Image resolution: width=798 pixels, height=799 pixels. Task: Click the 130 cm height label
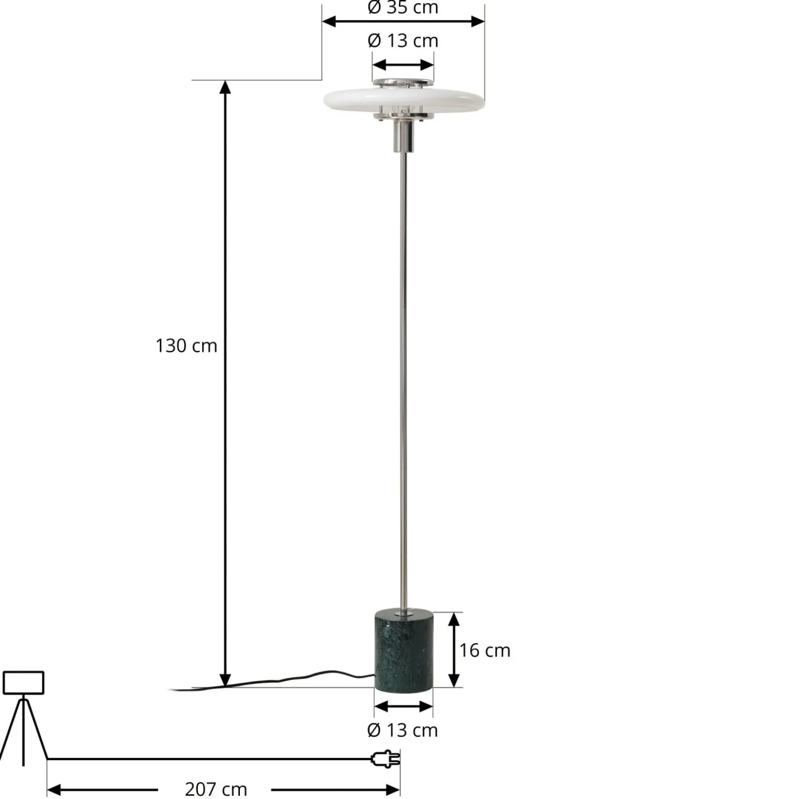coord(186,346)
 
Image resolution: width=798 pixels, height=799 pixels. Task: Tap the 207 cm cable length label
coord(215,789)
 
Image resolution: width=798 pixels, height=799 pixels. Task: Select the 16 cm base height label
coord(484,650)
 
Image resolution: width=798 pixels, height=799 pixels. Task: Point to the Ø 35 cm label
coord(403,7)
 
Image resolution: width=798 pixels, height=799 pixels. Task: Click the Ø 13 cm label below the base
coord(403,730)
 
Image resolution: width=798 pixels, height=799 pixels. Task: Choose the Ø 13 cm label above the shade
coord(403,40)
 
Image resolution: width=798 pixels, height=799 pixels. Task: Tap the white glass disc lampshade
coord(404,99)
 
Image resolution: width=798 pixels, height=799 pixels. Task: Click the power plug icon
coord(385,759)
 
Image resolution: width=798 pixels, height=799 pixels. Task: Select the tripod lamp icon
coord(24,717)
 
